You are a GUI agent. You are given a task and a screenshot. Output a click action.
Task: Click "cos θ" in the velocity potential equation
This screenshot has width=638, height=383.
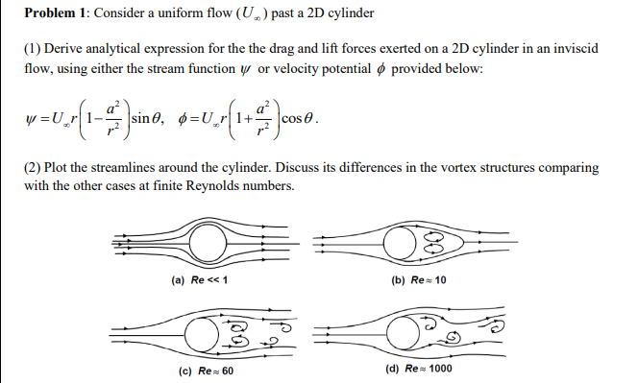(x=297, y=119)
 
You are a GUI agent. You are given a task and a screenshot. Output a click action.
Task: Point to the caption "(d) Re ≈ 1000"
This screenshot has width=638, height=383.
(x=419, y=369)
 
